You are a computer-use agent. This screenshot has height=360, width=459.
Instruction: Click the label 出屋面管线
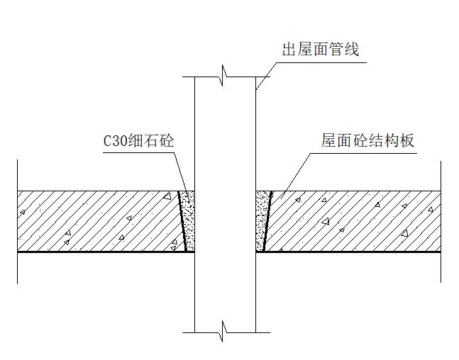320,50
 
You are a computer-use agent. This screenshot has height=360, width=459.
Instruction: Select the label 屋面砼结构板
367,140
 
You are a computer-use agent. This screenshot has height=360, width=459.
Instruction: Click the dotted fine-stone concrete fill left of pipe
189,220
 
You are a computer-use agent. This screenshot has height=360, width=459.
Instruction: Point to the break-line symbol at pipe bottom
225,330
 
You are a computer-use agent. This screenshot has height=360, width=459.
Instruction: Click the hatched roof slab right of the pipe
355,220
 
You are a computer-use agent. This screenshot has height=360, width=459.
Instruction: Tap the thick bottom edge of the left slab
99,252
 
